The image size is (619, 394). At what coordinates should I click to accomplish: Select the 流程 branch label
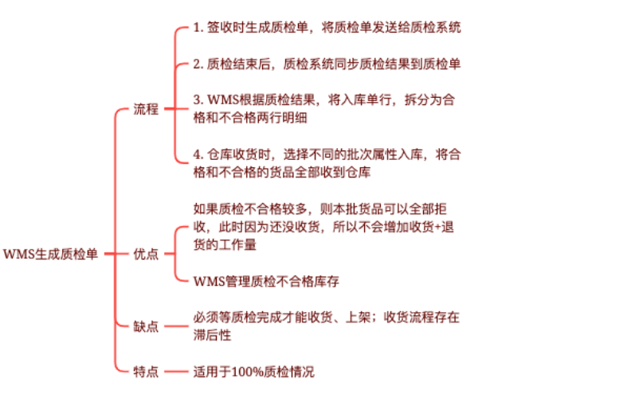click(146, 109)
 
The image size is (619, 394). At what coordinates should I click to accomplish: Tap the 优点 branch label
click(146, 255)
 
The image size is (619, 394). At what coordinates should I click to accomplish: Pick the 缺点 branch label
click(146, 326)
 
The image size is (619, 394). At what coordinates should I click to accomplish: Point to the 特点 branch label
click(146, 371)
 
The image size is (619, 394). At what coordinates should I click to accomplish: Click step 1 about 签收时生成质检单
click(327, 27)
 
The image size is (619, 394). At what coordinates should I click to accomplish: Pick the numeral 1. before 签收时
click(198, 27)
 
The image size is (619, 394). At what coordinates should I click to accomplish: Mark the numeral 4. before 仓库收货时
click(198, 154)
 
